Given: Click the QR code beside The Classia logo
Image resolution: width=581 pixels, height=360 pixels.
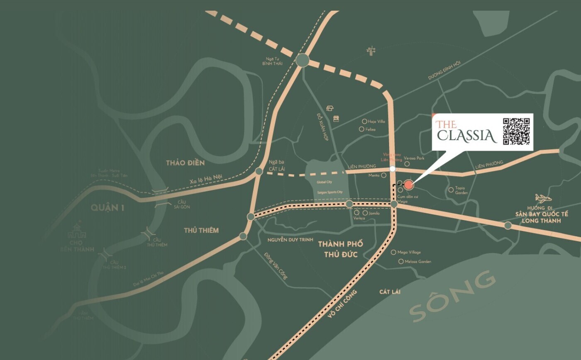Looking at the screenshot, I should (x=516, y=131).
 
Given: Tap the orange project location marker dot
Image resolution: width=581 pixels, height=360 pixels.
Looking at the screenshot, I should (x=409, y=185).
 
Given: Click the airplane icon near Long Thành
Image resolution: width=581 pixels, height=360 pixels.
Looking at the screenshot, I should (x=543, y=198).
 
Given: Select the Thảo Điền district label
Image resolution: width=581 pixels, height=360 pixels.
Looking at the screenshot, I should (x=185, y=163).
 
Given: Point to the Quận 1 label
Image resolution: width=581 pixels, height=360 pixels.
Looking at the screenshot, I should (x=108, y=207).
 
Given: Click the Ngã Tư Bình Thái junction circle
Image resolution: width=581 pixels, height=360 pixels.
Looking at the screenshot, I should (x=303, y=61).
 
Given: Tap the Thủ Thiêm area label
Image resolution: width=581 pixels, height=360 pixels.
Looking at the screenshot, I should (x=201, y=230).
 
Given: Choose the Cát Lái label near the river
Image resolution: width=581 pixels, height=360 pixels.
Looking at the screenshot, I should (x=390, y=292).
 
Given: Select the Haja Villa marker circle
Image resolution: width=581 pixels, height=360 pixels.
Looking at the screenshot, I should (x=364, y=122).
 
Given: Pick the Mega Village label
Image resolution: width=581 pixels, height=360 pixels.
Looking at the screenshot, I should (x=409, y=252).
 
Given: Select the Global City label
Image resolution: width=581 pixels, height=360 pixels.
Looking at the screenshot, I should (x=325, y=182).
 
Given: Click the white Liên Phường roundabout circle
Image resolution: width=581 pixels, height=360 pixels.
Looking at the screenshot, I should (x=392, y=169).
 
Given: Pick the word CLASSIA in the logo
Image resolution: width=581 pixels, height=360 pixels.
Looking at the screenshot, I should (x=467, y=136).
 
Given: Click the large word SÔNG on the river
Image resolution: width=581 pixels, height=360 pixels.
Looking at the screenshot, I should (x=452, y=295).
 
